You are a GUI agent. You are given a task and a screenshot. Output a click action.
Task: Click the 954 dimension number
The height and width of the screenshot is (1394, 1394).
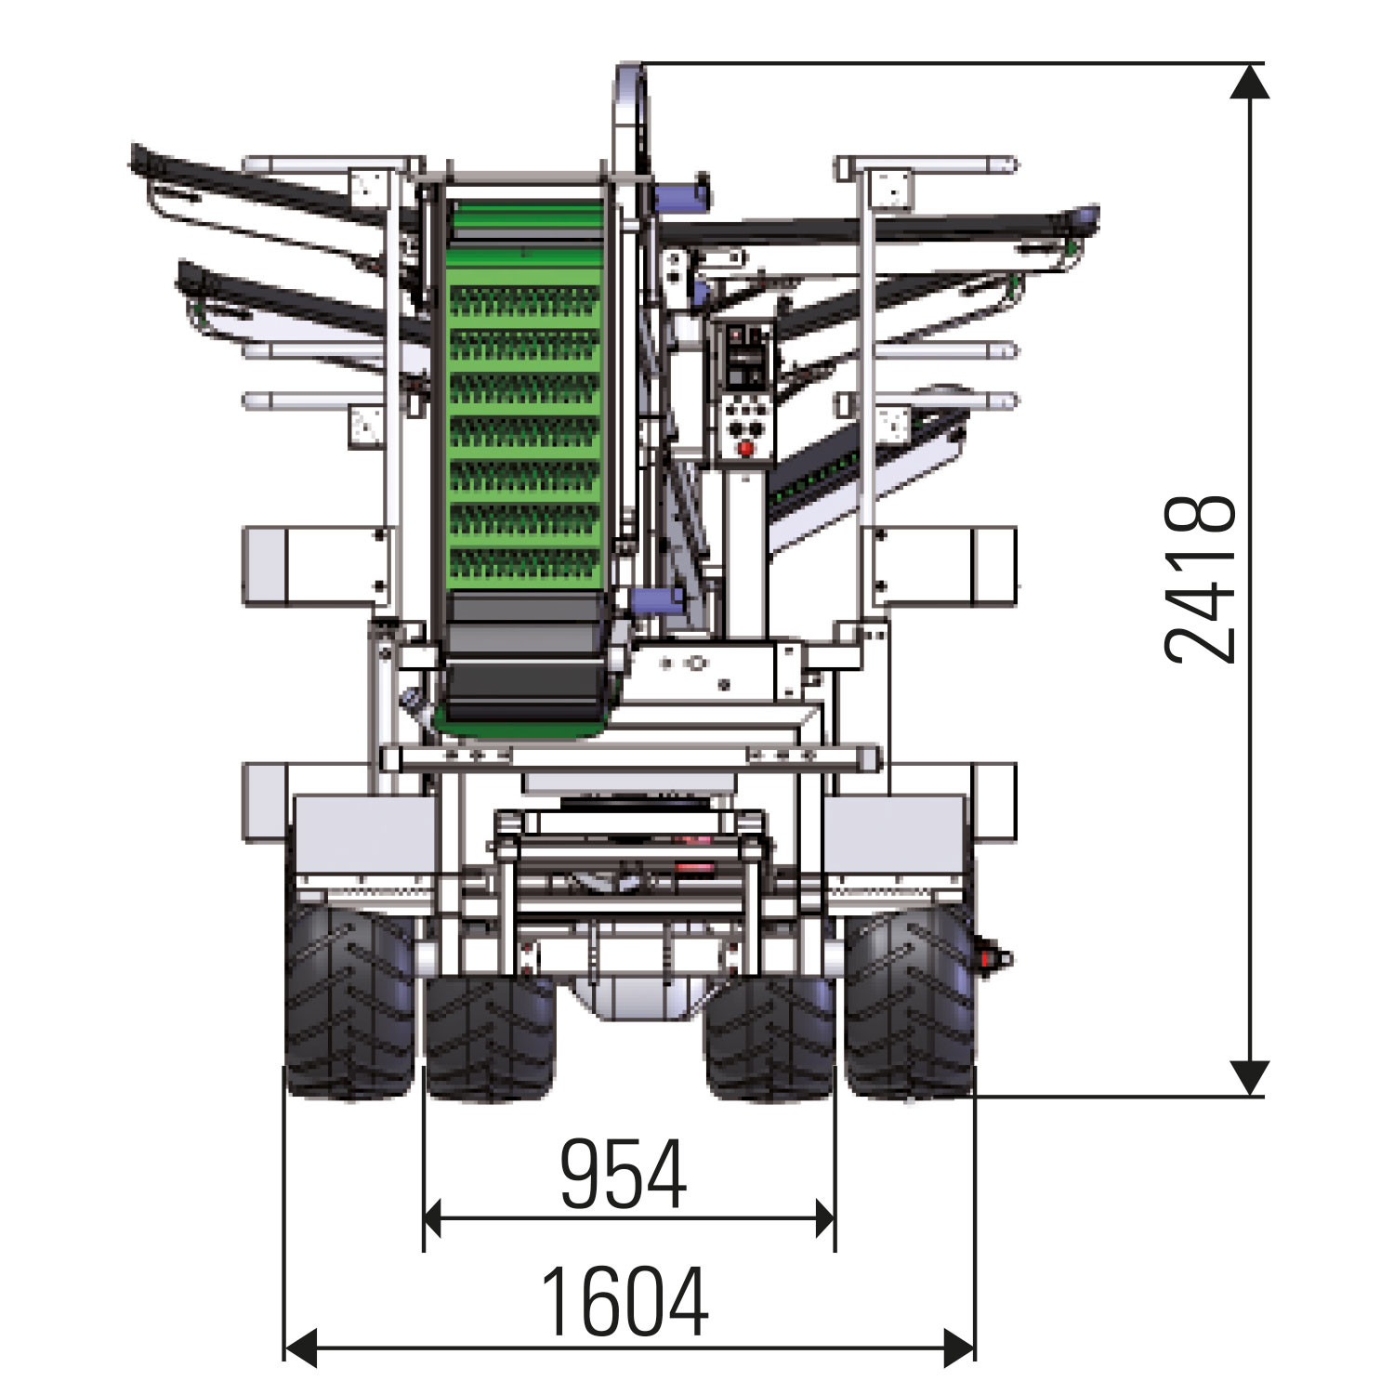(624, 1173)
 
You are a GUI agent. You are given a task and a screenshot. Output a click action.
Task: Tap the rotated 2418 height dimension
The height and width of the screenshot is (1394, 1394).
(1201, 579)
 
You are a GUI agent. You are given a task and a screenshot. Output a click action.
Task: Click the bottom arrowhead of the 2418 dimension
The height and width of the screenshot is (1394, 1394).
(1250, 1078)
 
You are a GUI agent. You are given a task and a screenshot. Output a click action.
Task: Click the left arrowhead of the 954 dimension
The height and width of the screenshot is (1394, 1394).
(432, 1218)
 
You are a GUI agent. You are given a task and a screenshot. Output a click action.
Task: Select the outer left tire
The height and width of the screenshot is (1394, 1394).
(349, 1001)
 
